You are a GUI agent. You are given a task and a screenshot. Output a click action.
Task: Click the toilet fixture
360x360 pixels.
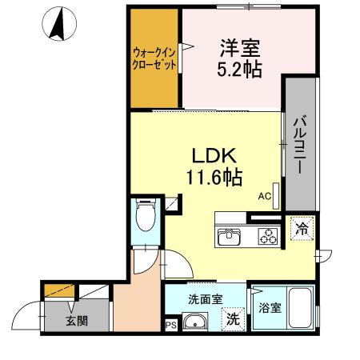[x=146, y=216]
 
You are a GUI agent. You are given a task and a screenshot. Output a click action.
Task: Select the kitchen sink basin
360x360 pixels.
[x=230, y=237]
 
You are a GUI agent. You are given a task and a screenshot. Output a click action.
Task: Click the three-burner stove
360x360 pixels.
[x=266, y=237]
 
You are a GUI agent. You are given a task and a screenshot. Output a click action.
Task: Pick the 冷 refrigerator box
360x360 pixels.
[x=302, y=228]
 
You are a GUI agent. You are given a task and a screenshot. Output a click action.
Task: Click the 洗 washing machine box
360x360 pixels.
[x=232, y=318]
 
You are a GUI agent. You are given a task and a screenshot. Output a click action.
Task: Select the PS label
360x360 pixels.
[x=170, y=325]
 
